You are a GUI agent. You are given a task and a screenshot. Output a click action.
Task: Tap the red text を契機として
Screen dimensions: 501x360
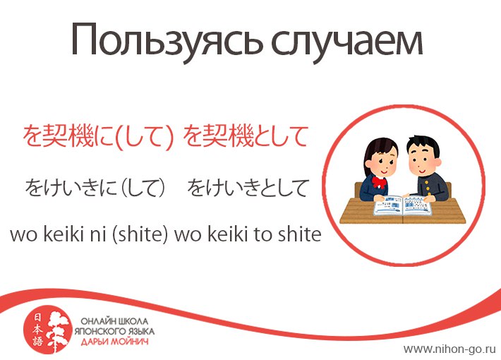pyautogui.click(x=246, y=136)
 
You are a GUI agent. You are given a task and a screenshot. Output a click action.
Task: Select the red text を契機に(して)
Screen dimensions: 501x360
pyautogui.click(x=98, y=136)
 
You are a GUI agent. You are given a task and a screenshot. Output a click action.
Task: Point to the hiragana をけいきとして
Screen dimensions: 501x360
pyautogui.click(x=247, y=188)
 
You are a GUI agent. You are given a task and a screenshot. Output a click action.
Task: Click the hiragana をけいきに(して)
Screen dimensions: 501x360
pyautogui.click(x=95, y=188)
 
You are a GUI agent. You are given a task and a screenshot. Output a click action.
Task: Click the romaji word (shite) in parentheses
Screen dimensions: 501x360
pyautogui.click(x=140, y=234)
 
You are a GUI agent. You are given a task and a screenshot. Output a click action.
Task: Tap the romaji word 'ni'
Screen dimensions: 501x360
pyautogui.click(x=98, y=234)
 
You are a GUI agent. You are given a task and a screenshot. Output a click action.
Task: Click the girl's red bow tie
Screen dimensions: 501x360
pyautogui.click(x=379, y=183)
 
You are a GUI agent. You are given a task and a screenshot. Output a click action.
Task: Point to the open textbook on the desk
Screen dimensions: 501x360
pyautogui.click(x=403, y=205)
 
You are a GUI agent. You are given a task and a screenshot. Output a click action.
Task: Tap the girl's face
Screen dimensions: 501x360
pyautogui.click(x=382, y=164)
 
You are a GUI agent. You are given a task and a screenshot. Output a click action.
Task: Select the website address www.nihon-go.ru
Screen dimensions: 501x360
pyautogui.click(x=450, y=349)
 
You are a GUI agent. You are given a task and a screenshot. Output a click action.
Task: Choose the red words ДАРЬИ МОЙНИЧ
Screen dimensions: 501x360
pyautogui.click(x=114, y=342)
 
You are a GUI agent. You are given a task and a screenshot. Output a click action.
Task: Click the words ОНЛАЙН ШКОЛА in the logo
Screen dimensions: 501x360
pyautogui.click(x=114, y=321)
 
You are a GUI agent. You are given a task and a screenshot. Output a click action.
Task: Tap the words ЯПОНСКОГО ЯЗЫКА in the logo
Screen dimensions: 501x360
pyautogui.click(x=114, y=331)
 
